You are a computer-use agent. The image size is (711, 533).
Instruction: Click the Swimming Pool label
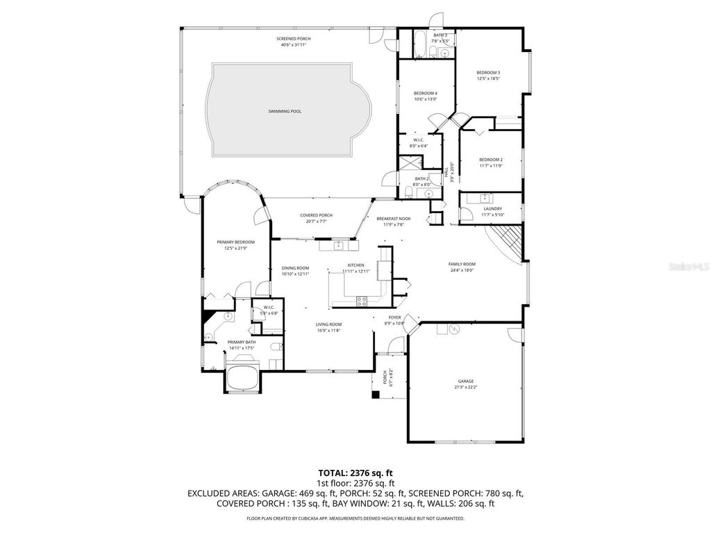285,111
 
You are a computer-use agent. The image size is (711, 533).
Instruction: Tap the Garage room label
465,381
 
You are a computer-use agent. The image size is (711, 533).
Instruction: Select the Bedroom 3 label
488,73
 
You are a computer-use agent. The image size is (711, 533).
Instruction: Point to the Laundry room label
492,209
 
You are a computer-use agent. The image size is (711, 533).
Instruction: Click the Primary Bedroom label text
235,242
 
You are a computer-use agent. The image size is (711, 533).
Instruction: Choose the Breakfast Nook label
394,219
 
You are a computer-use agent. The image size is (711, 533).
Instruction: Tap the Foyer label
394,317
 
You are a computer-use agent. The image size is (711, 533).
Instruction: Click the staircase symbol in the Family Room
505,244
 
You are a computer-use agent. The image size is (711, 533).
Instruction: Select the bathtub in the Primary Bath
242,379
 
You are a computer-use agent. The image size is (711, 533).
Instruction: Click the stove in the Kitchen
362,301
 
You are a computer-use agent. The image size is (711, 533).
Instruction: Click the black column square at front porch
375,395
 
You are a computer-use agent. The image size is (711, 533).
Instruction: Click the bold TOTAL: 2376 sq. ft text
355,473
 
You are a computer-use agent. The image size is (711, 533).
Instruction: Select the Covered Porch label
316,216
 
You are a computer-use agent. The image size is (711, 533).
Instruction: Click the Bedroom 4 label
425,93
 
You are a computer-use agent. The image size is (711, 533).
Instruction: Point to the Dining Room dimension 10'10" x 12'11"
295,274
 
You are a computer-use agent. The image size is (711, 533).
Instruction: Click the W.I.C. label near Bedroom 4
420,140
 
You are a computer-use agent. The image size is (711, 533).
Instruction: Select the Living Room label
328,324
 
